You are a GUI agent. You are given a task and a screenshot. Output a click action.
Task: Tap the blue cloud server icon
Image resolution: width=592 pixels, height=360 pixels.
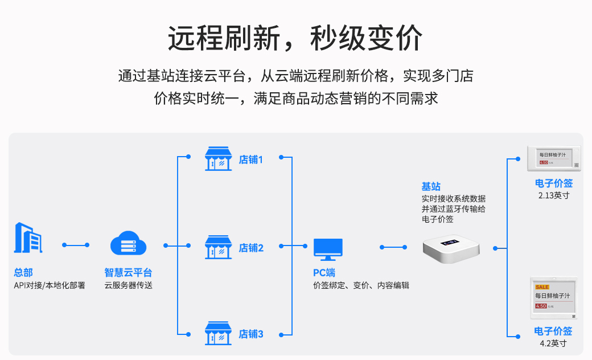tap(128, 244)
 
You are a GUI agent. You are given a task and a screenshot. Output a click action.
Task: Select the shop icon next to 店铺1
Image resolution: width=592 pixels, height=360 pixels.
tap(219, 159)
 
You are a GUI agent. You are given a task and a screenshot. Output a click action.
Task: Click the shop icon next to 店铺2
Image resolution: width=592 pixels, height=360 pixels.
tap(219, 247)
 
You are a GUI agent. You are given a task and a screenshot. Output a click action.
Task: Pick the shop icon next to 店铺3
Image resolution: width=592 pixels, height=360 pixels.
tap(219, 333)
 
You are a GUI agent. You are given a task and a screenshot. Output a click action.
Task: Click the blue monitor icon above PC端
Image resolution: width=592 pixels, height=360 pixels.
tap(328, 249)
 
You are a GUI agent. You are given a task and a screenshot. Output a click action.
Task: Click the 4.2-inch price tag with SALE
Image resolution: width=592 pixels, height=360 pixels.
tap(554, 298)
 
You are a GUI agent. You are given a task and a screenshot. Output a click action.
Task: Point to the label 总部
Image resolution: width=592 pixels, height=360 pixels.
tap(23, 273)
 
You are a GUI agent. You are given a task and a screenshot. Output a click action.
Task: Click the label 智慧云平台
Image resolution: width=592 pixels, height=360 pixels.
tap(128, 273)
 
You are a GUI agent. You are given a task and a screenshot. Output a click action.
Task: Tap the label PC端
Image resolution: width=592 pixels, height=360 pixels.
tap(324, 273)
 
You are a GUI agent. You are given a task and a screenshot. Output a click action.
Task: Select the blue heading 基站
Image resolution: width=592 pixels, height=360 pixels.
tap(431, 186)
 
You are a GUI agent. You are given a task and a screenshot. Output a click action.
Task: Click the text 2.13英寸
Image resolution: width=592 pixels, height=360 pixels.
tap(554, 195)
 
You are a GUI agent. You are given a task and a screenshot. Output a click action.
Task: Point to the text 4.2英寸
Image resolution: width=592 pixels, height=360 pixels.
tap(553, 343)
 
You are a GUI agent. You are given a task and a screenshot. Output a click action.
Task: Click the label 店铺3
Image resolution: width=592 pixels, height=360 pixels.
tap(251, 334)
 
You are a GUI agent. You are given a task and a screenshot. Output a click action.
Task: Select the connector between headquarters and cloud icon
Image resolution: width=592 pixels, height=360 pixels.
tap(76, 245)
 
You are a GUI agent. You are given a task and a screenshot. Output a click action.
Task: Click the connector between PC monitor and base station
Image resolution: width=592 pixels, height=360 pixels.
tap(393, 247)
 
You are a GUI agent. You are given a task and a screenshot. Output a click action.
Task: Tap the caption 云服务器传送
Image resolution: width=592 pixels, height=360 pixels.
tap(128, 285)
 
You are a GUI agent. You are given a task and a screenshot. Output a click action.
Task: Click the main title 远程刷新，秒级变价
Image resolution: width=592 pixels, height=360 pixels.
tap(295, 39)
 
